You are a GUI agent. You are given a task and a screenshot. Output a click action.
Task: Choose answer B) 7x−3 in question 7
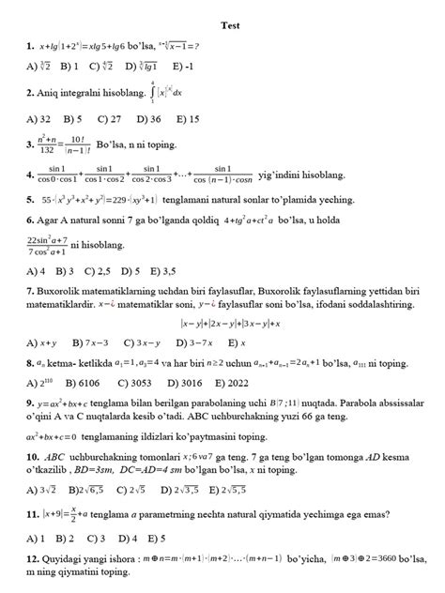coord(123,343)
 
